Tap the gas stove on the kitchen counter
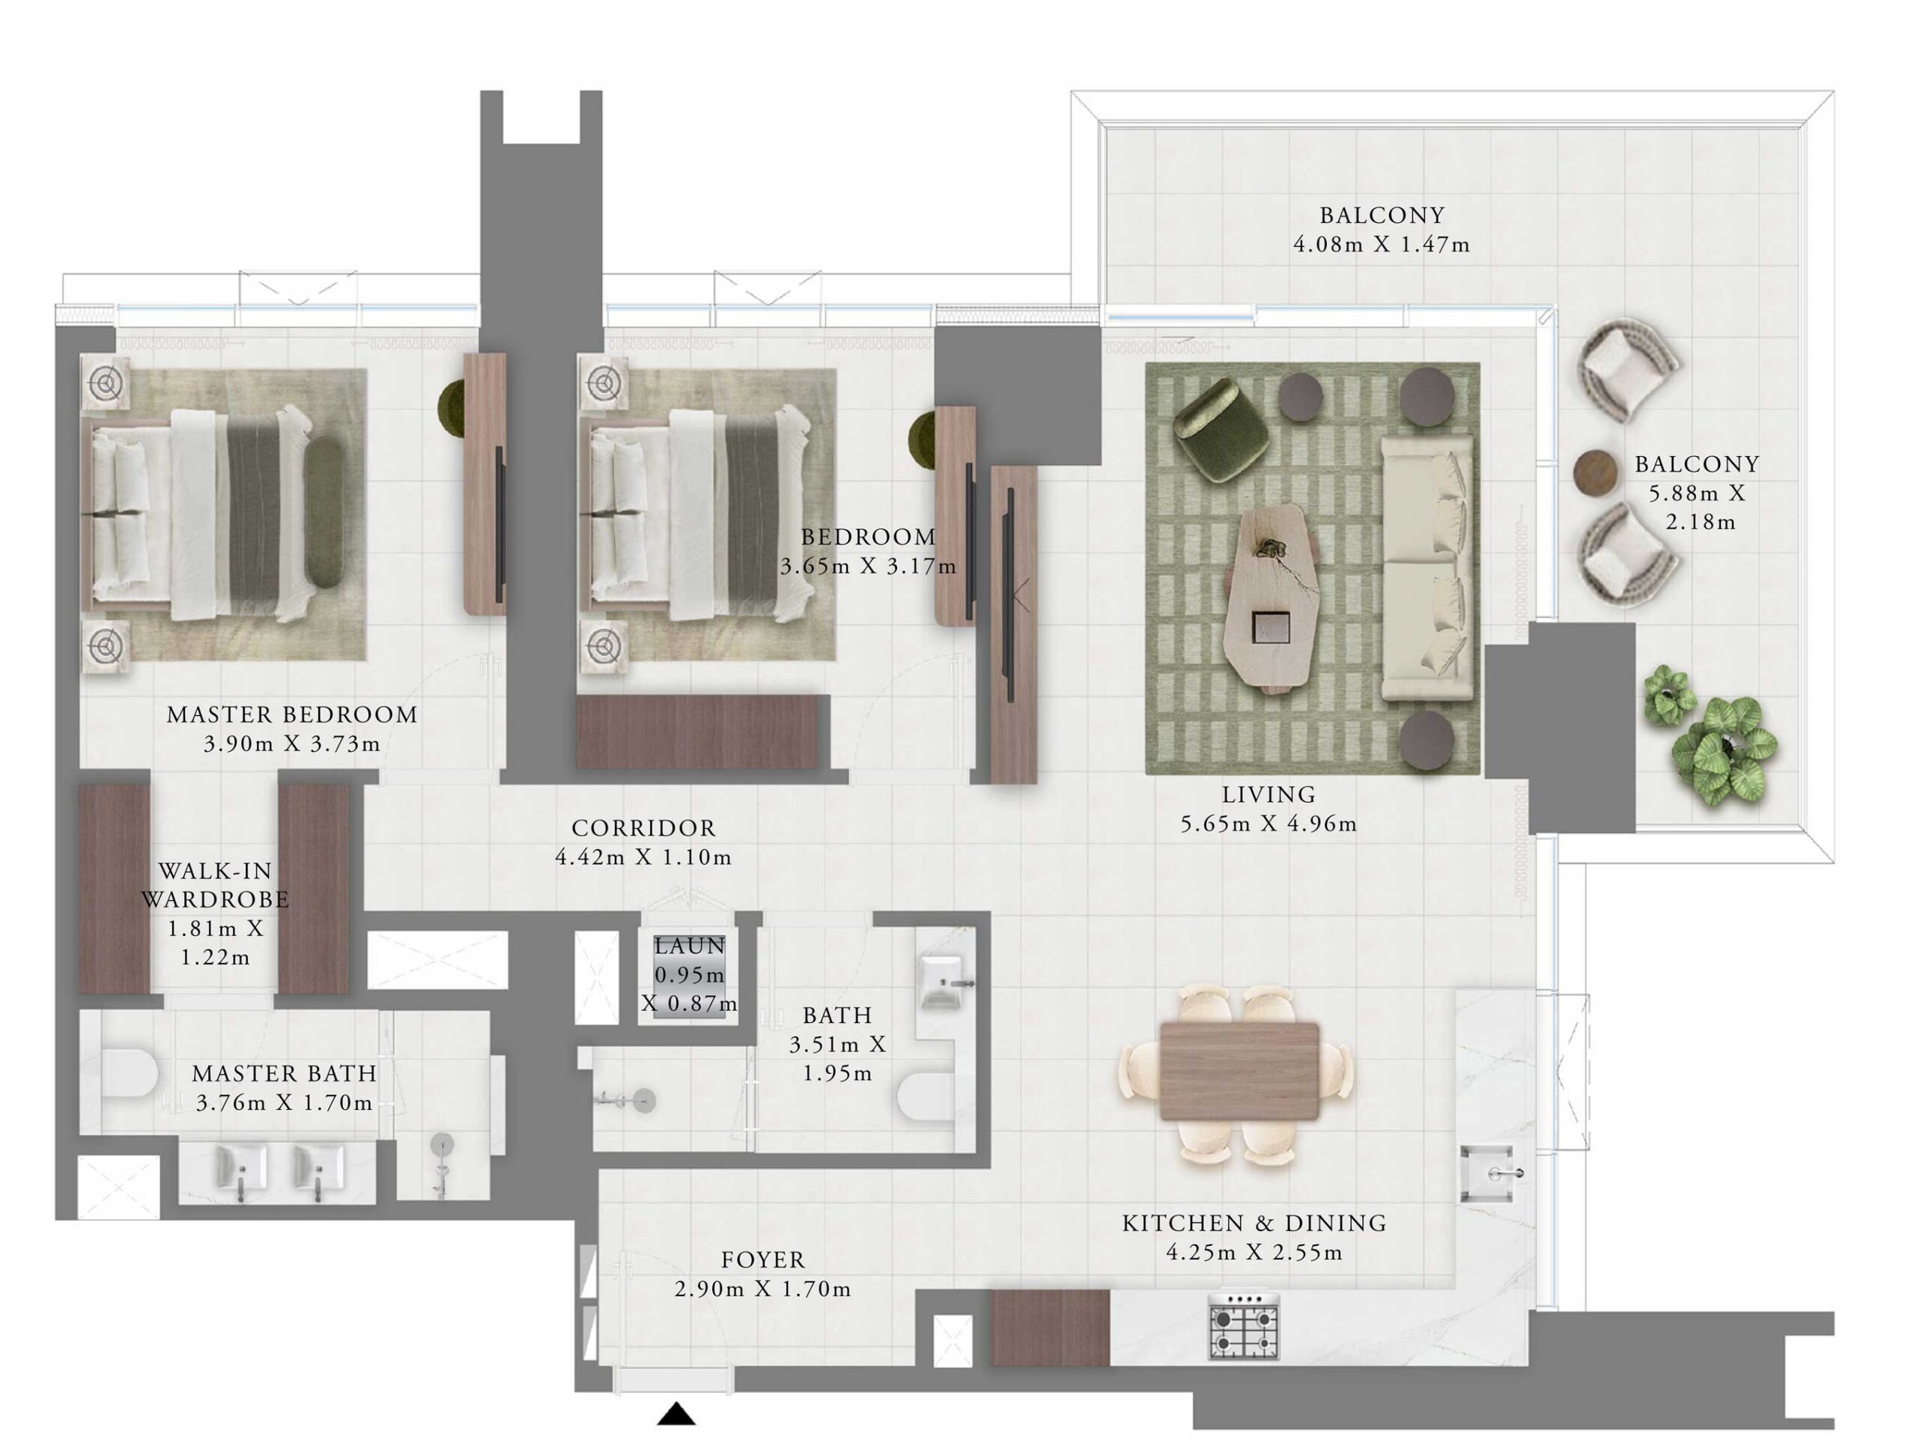1244,1326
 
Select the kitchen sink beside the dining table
1487,1173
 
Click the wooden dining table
1239,1071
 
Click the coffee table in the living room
1272,598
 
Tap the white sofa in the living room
1427,568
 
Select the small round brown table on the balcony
1596,473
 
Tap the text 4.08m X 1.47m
1382,245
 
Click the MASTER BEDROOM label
292,715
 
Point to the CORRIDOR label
643,828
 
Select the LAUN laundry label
689,947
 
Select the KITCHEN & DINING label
1254,1224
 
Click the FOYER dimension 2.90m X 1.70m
762,1290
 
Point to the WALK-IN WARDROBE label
215,885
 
